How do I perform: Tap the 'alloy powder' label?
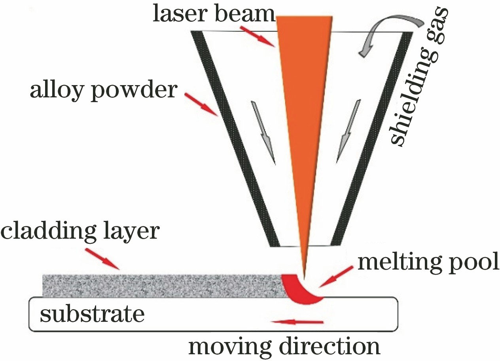pyautogui.click(x=102, y=90)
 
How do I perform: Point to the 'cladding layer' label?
pyautogui.click(x=80, y=231)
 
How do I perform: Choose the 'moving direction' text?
pyautogui.click(x=284, y=346)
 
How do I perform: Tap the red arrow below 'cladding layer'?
pyautogui.click(x=102, y=259)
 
